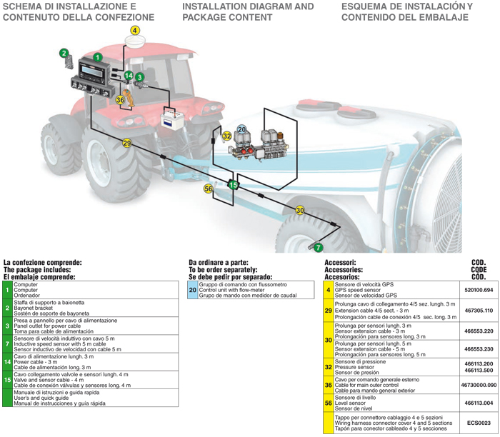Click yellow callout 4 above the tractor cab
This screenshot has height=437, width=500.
(x=136, y=31)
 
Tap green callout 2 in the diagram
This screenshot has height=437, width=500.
(x=64, y=53)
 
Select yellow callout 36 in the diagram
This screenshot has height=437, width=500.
(x=120, y=101)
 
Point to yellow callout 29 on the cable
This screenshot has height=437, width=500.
(x=126, y=144)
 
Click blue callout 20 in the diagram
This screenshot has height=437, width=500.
(x=242, y=129)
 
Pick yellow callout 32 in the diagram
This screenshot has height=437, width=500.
(x=226, y=136)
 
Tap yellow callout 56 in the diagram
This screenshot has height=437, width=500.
(x=209, y=189)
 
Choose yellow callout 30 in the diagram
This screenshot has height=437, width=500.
(x=300, y=210)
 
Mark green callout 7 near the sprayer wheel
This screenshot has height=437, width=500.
(x=319, y=247)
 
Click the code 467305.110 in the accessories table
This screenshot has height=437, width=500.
(x=479, y=311)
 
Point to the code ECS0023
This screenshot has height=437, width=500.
(x=479, y=423)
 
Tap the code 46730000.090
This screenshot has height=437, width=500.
(x=479, y=385)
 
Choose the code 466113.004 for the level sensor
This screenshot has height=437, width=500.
(x=479, y=403)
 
